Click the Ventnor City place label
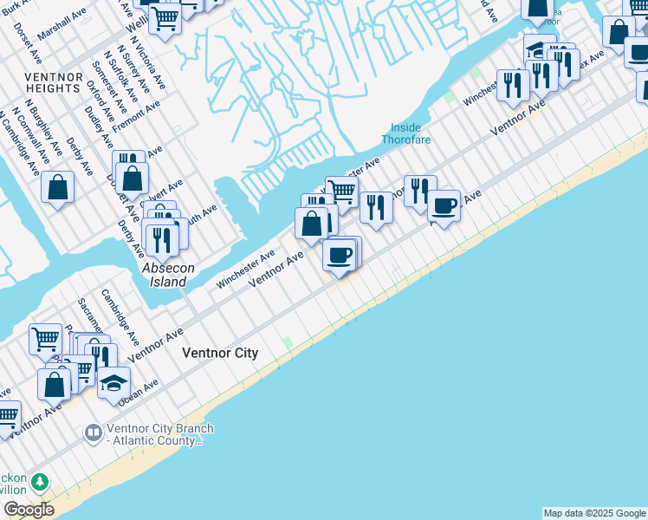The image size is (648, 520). tap(220, 354)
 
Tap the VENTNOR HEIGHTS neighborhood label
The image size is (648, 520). tap(54, 82)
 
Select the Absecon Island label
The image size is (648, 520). tap(164, 276)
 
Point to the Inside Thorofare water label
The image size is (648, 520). tap(406, 133)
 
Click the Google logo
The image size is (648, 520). tap(29, 510)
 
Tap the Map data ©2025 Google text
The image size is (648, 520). tap(594, 513)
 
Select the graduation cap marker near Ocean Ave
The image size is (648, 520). tap(113, 382)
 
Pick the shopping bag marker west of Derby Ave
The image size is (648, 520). tap(57, 187)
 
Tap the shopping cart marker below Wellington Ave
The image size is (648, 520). tap(165, 17)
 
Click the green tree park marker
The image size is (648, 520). tap(39, 481)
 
